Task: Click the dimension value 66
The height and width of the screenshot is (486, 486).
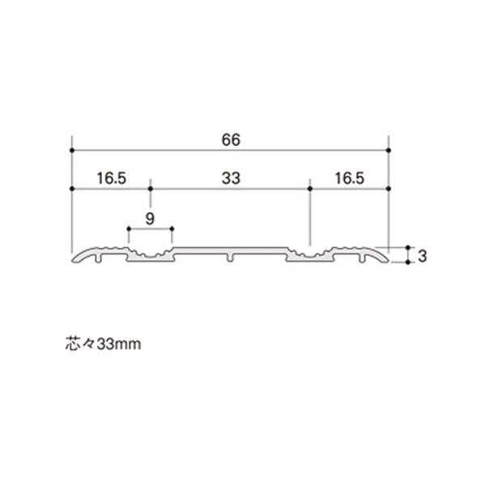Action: (231, 140)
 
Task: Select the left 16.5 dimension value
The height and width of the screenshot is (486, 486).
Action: (111, 178)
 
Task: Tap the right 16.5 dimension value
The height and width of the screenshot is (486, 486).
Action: (349, 178)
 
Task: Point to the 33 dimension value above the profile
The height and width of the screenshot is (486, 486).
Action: (231, 178)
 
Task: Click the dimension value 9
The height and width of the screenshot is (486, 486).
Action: (150, 219)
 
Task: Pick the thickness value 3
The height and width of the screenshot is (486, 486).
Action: (422, 256)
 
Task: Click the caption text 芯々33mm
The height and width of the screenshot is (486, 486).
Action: (103, 343)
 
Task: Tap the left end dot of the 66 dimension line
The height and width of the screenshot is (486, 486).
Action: (72, 151)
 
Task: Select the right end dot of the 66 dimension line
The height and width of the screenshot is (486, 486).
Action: (389, 151)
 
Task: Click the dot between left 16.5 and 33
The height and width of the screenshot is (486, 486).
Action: (151, 189)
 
